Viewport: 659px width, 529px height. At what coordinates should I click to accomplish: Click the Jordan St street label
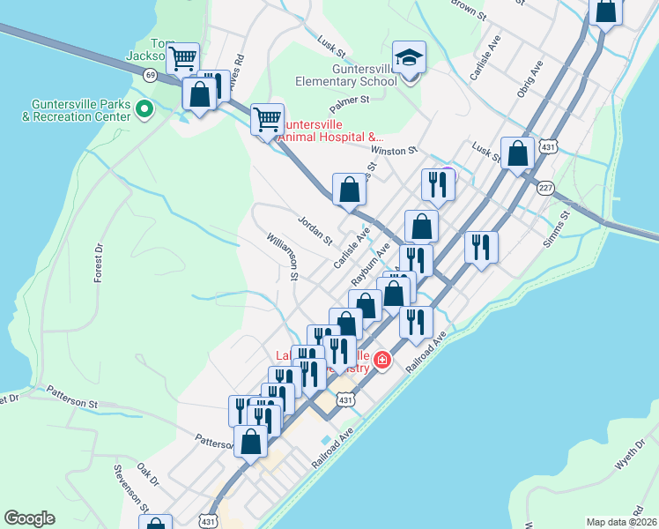pyautogui.click(x=315, y=230)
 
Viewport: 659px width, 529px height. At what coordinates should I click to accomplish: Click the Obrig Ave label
pyautogui.click(x=530, y=78)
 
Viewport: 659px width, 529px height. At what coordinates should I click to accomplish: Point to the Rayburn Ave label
pyautogui.click(x=370, y=264)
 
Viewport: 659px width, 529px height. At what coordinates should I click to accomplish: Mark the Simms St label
pyautogui.click(x=559, y=228)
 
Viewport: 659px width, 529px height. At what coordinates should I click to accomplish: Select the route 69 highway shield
pyautogui.click(x=151, y=76)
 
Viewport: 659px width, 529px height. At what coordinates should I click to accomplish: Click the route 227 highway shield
pyautogui.click(x=545, y=186)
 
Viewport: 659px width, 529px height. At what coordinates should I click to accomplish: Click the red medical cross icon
pyautogui.click(x=382, y=359)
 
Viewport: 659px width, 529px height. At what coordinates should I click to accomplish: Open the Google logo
pyautogui.click(x=29, y=518)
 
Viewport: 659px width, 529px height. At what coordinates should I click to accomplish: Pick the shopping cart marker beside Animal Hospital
pyautogui.click(x=267, y=117)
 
